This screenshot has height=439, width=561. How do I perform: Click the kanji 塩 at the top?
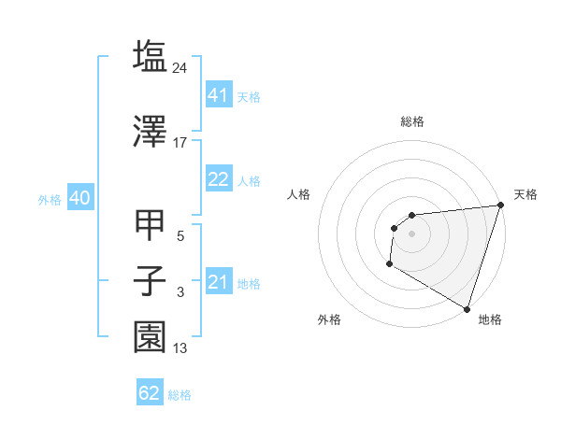[150, 57]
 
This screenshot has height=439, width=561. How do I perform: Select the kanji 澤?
[150, 131]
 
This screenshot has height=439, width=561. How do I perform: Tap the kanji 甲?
[150, 225]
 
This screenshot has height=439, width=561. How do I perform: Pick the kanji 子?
[150, 281]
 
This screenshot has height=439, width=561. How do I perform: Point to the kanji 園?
[150, 337]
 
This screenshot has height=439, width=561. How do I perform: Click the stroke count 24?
[180, 68]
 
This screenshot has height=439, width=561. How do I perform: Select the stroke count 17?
[180, 143]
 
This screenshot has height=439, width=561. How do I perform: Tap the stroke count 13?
[180, 348]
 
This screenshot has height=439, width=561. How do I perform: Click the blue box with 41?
[218, 95]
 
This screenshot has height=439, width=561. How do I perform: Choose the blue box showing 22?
[218, 179]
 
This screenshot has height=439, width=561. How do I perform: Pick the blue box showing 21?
[218, 282]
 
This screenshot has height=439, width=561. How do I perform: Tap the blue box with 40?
[79, 198]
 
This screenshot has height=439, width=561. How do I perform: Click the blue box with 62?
[150, 393]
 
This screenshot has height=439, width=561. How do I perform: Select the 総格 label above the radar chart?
[411, 121]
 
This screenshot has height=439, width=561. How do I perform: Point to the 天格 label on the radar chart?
[525, 194]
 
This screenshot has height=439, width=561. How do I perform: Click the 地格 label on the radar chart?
[490, 319]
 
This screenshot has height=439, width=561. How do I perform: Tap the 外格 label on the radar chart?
[329, 319]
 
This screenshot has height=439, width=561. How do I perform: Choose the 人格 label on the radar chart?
[298, 194]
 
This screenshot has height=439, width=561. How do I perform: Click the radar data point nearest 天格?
[501, 205]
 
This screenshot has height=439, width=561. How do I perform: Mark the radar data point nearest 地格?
[467, 309]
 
